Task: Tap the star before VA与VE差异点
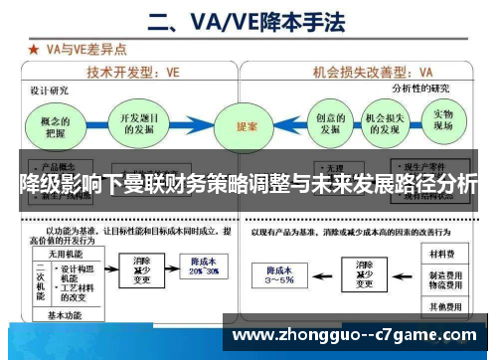(35, 48)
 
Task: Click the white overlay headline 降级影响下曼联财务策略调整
(248, 185)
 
